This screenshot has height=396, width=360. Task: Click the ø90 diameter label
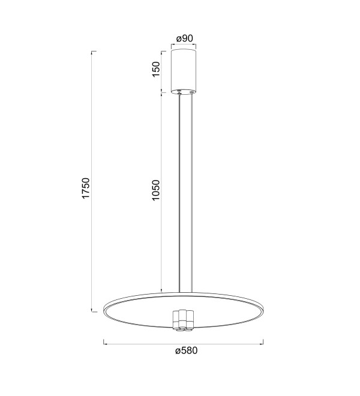(185, 38)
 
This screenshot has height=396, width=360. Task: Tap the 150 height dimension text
(156, 69)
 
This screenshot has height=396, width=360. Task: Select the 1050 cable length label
(156, 190)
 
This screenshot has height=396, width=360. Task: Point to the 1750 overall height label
(86, 188)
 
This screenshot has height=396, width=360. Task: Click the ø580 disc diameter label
(187, 350)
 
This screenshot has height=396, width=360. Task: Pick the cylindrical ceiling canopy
(184, 72)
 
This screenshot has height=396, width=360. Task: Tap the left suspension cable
(179, 193)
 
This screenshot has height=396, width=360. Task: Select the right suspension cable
(192, 193)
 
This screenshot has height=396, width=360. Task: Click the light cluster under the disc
(183, 320)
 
